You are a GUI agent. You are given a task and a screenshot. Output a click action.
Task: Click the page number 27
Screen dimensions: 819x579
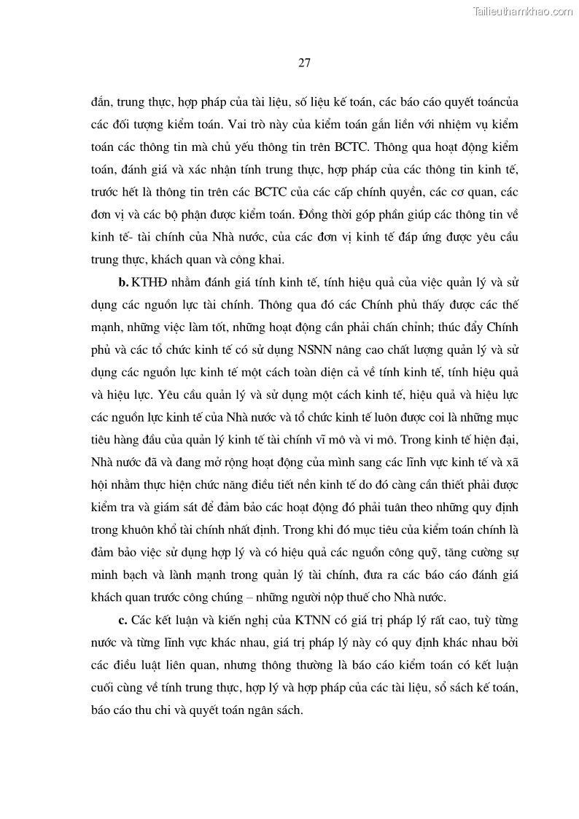305,63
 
